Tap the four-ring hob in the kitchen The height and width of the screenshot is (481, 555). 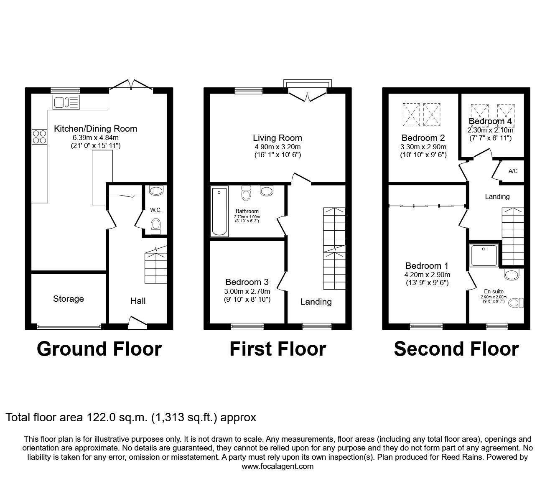pos(39,137)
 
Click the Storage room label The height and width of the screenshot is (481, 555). pos(68,299)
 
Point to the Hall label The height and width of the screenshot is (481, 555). pos(138,301)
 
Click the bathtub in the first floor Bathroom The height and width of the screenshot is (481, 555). pos(219,212)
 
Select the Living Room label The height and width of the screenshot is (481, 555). pos(277,138)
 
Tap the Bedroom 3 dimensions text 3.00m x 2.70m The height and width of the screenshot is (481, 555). pos(247,291)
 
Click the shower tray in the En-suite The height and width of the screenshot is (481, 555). pos(485,255)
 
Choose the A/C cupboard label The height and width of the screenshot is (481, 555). pos(513,171)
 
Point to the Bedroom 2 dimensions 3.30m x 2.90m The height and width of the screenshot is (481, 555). pos(423,147)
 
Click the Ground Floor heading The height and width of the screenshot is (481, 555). pos(99,349)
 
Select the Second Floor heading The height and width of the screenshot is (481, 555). pos(456,349)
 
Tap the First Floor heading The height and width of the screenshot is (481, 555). pos(277,349)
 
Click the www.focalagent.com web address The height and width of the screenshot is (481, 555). pos(277,466)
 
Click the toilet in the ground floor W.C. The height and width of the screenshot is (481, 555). pos(156,226)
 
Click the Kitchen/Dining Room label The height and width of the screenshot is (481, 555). pos(95,129)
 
